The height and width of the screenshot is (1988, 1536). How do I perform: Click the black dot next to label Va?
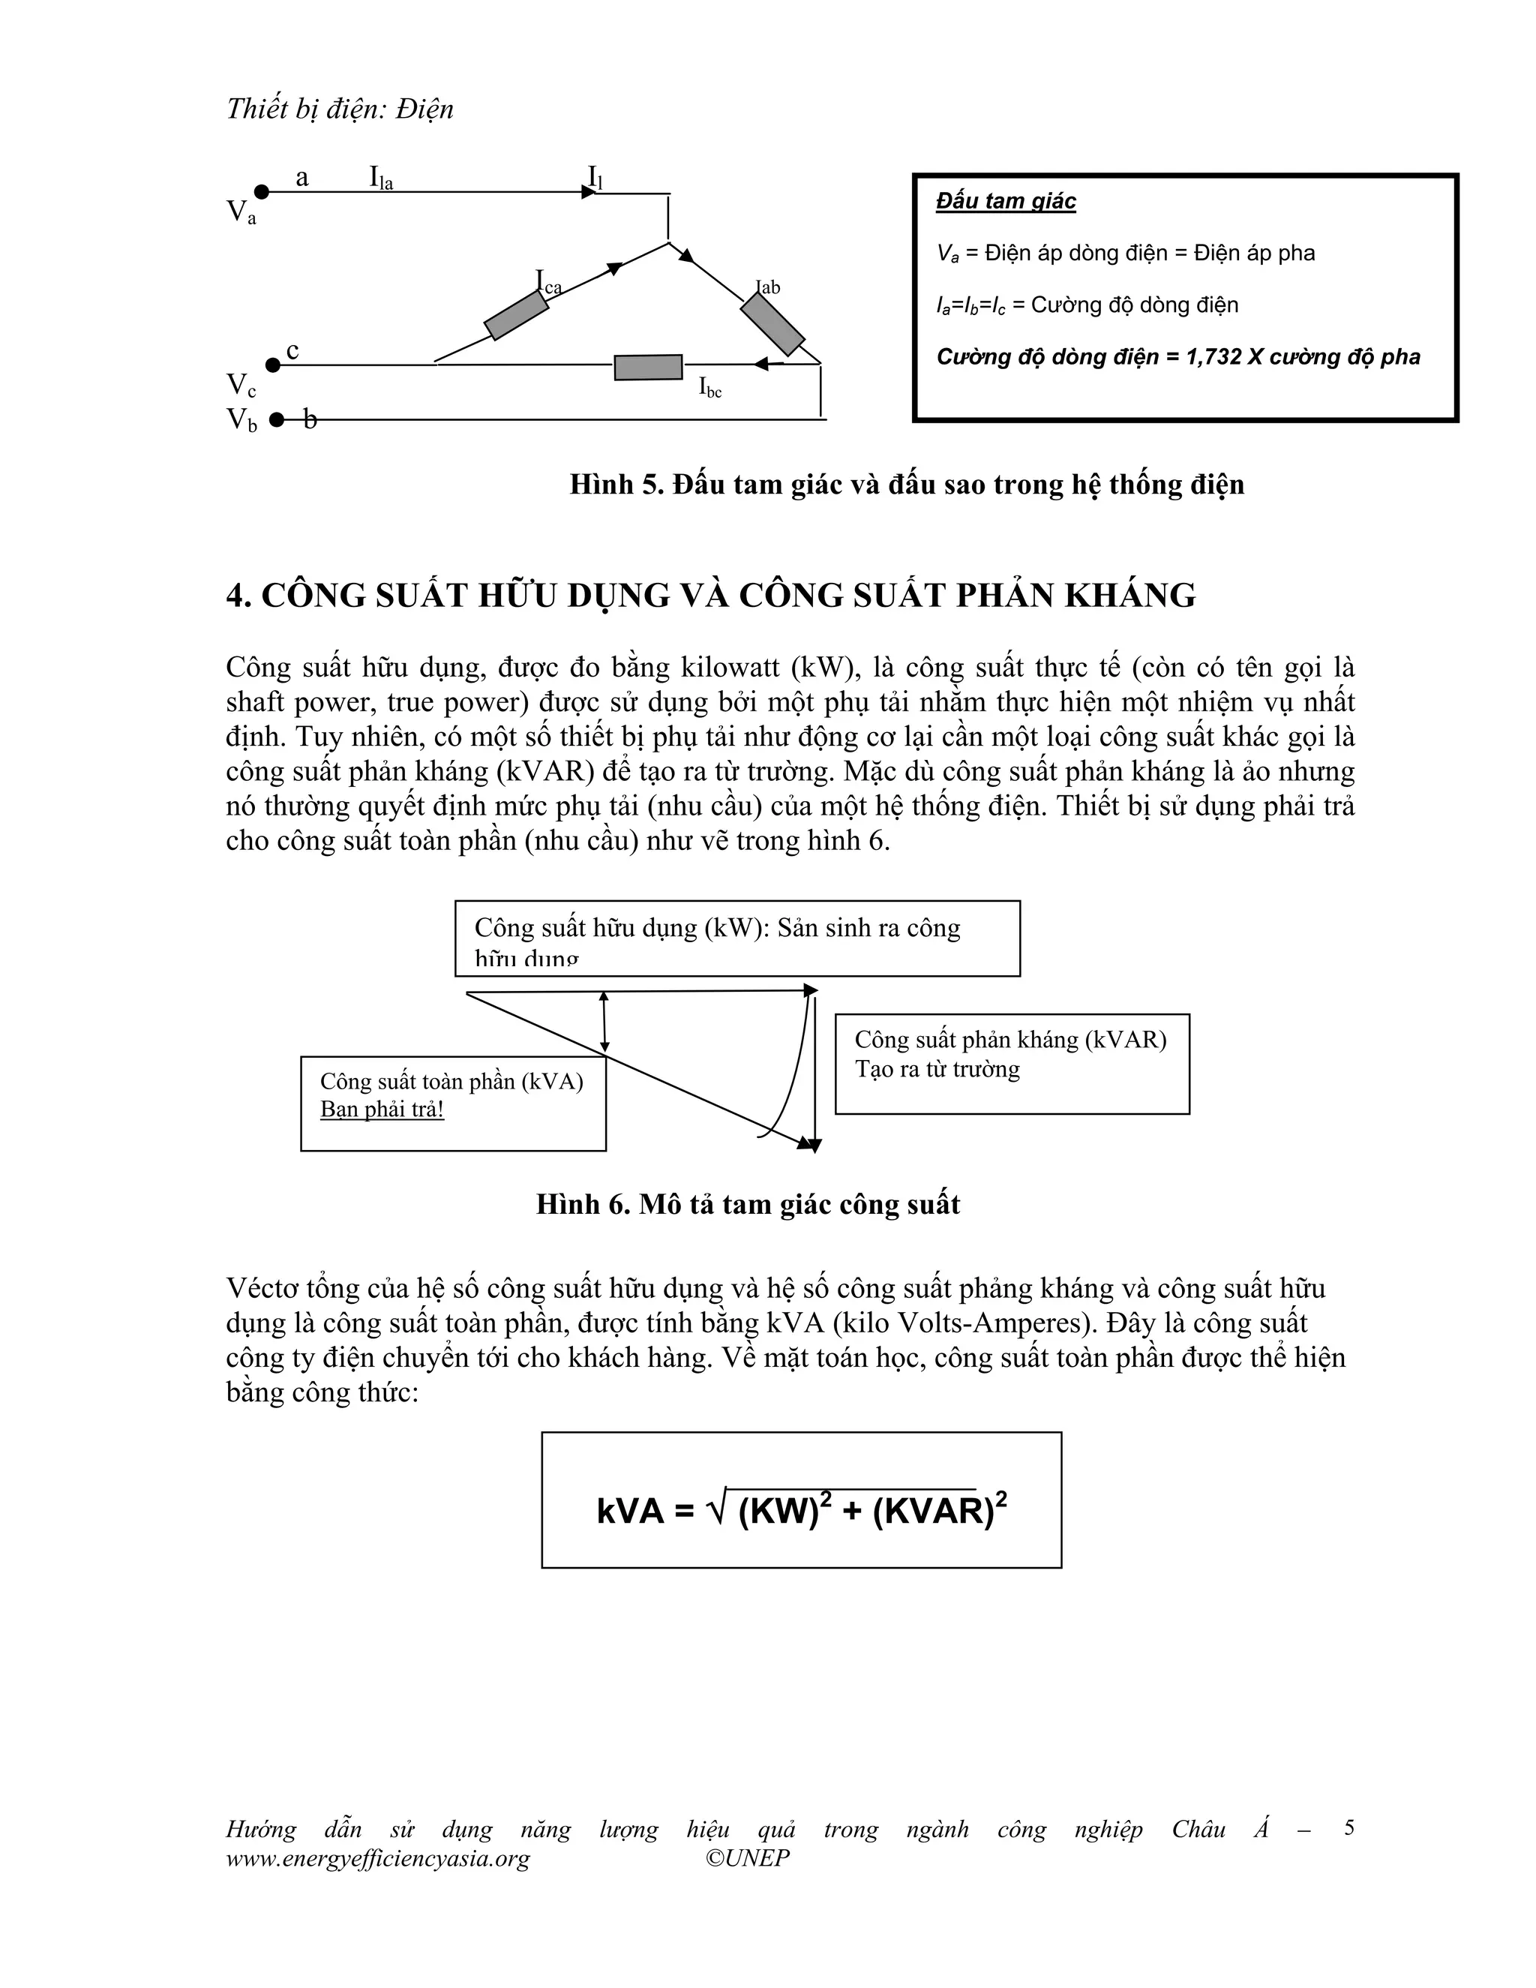(261, 191)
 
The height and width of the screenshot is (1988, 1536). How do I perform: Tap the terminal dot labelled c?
(271, 365)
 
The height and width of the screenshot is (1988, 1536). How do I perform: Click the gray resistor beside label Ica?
(516, 315)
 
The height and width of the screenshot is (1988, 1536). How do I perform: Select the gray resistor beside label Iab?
(772, 324)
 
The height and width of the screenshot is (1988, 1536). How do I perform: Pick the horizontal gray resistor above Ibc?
(648, 368)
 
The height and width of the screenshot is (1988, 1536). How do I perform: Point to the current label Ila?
(380, 178)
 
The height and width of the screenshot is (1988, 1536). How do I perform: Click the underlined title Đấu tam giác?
(1006, 201)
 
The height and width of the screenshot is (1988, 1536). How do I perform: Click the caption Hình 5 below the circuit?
(906, 485)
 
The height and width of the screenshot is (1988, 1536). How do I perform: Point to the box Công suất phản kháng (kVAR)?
(1012, 1063)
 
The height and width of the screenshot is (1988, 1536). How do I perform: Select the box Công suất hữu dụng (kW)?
(737, 938)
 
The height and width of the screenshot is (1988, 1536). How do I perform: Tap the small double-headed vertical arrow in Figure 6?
(604, 1023)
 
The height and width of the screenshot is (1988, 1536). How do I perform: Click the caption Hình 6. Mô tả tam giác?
(748, 1204)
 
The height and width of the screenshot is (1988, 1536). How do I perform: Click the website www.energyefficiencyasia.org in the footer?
(378, 1857)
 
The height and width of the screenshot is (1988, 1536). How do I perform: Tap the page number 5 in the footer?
(1348, 1827)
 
